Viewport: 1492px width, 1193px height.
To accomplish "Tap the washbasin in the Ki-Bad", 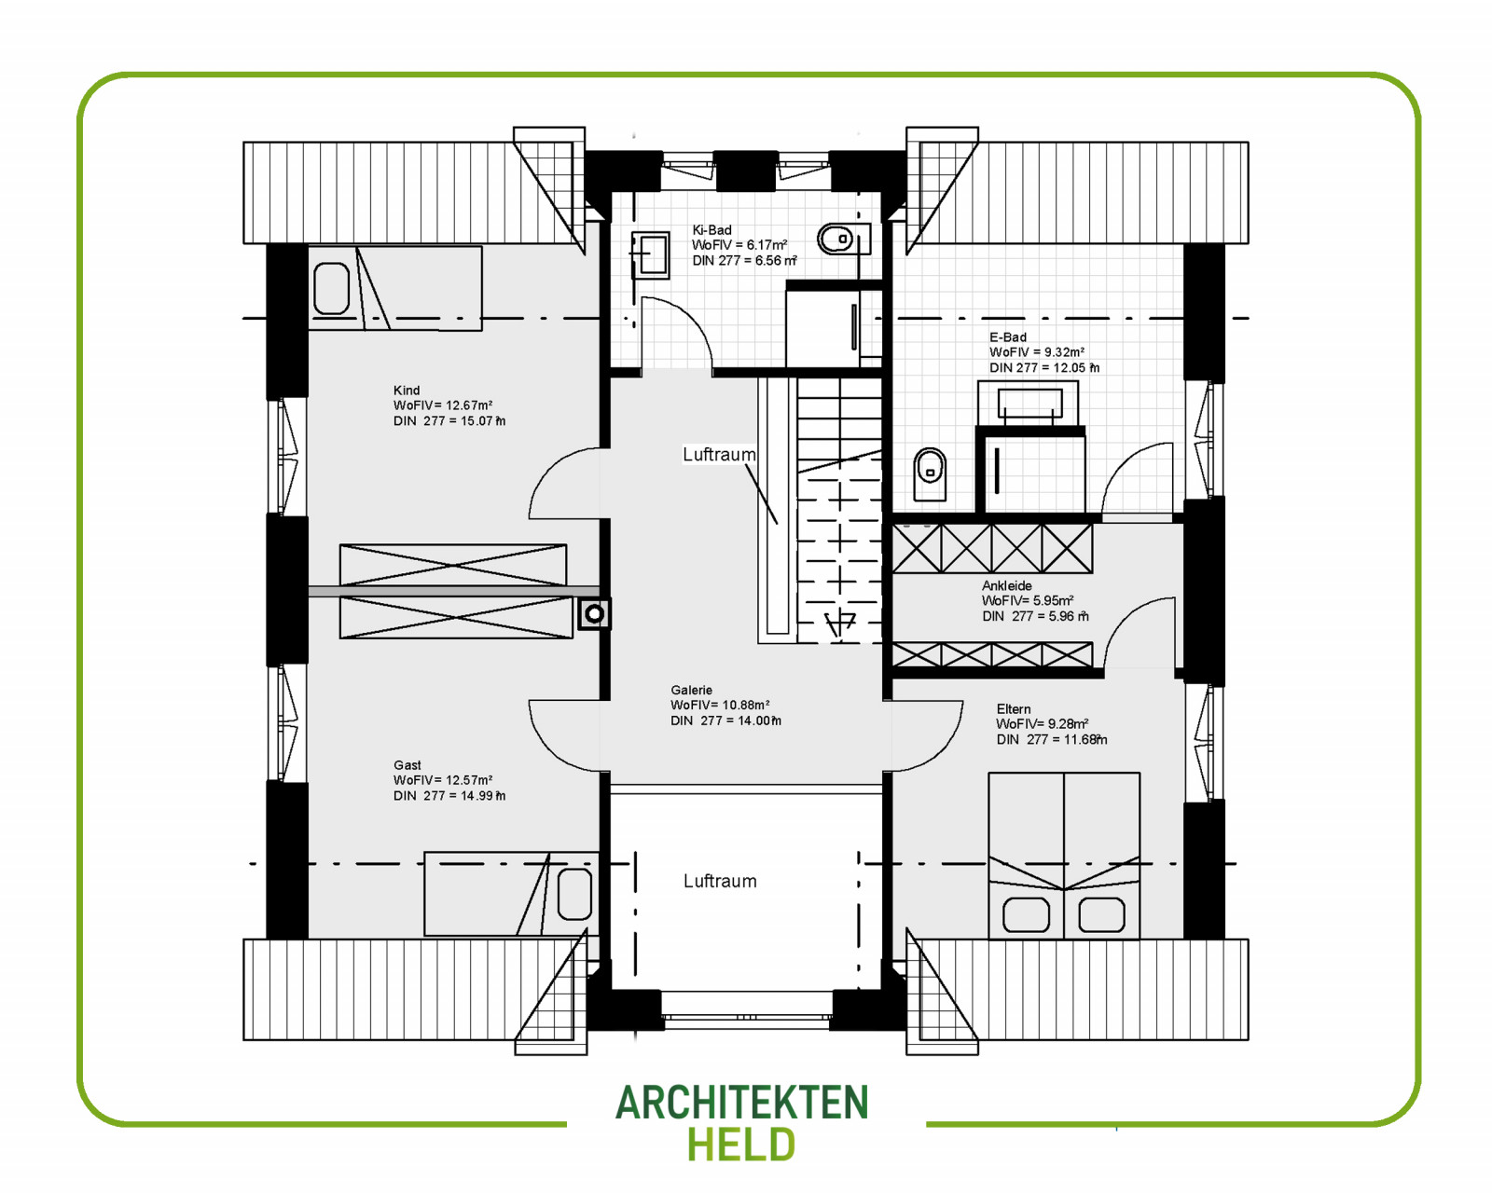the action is (650, 254).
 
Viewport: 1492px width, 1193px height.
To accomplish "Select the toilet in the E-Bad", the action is (930, 474).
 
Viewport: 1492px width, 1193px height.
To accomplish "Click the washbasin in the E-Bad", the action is (1029, 404).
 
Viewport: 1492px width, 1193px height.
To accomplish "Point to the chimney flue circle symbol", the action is (594, 614).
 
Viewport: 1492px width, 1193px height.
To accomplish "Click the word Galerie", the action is (691, 690).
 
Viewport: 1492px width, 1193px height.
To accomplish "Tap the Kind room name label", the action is (407, 391).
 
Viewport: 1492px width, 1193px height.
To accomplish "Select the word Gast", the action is (407, 765).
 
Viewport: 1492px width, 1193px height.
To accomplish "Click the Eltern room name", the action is (1014, 709).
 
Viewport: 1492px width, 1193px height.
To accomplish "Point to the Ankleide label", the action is (1007, 585).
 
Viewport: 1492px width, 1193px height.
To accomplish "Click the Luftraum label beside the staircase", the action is (719, 455).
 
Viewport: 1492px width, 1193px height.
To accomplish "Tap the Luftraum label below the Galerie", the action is (720, 881).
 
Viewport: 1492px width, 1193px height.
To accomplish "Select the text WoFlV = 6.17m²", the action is (739, 245).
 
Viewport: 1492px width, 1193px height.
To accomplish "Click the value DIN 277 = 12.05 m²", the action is (1044, 367).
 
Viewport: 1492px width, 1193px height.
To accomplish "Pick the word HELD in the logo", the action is (741, 1144).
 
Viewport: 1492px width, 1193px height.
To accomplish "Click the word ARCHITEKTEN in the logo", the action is (741, 1103).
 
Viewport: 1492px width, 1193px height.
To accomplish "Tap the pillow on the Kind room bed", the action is (331, 288).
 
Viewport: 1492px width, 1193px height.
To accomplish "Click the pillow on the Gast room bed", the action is (574, 894).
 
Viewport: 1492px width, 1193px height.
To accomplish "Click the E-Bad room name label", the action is (1007, 336).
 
